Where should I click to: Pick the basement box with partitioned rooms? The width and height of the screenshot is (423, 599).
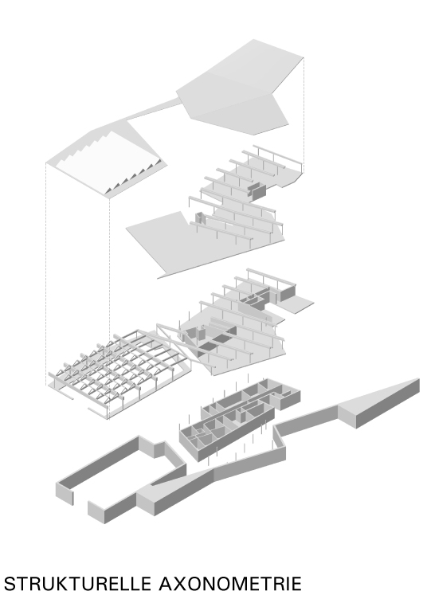point(239,418)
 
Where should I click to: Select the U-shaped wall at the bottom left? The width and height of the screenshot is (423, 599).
point(104,478)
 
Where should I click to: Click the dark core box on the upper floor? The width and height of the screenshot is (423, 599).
point(257,191)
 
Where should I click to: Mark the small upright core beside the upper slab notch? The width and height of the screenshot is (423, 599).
point(199,219)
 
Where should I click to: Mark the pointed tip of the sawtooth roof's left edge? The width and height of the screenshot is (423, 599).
point(49,164)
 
